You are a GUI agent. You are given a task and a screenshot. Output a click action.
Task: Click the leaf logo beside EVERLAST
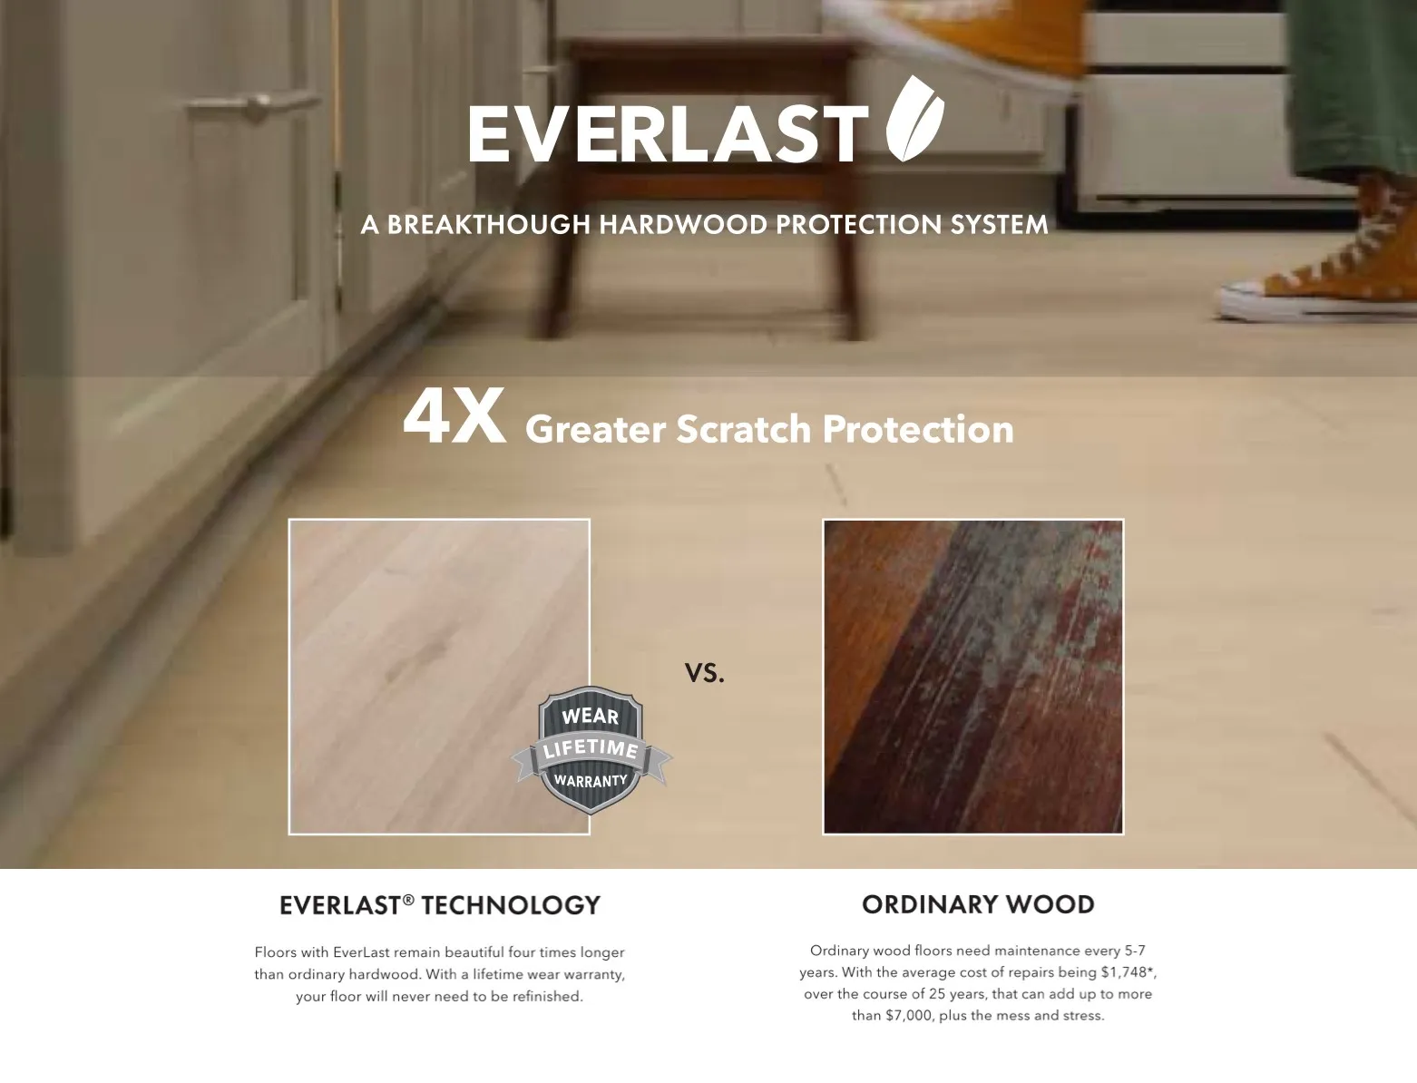coord(914,119)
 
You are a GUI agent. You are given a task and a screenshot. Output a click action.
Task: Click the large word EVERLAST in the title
coord(668,134)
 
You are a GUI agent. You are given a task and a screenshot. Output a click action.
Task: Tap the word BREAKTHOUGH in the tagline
coord(489,224)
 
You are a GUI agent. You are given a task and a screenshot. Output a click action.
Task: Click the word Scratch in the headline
coord(743,429)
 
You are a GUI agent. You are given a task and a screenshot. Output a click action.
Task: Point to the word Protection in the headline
coord(918,429)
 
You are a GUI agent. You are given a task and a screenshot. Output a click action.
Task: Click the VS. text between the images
coord(704,672)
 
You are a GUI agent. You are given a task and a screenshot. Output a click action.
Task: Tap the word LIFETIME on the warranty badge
coord(591,748)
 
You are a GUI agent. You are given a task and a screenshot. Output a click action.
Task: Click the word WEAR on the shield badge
coord(590,716)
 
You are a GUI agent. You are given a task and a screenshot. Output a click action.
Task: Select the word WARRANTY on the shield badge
coord(591,780)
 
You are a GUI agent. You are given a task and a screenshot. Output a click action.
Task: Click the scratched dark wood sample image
coord(972,676)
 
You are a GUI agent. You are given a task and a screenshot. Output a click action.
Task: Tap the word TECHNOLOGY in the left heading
coord(511,905)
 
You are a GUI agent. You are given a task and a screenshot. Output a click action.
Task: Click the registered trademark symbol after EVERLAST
coord(408,900)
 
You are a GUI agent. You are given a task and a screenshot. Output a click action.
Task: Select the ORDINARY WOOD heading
coord(978,904)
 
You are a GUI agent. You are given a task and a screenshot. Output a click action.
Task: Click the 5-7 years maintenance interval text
coord(1135,951)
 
